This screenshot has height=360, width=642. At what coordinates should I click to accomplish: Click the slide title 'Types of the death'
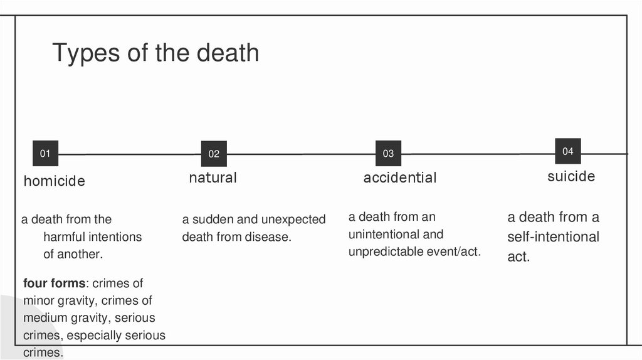pos(155,53)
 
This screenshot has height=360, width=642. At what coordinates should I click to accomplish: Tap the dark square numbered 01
pos(45,153)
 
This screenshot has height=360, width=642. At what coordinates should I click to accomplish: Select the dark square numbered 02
pos(214,154)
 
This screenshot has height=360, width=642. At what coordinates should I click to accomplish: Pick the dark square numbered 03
pos(388,154)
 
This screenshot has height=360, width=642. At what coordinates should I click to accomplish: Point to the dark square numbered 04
pos(567,151)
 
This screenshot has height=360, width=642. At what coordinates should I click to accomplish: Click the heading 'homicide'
pos(55,181)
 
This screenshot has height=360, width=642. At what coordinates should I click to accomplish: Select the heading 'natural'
pos(213,177)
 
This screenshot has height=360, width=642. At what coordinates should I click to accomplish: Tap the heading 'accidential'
pos(400,177)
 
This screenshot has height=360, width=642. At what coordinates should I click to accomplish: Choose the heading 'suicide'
pos(571,176)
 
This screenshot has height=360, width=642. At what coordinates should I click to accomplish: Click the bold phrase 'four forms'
pos(53,283)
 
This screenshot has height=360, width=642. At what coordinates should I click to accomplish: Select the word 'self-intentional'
pos(553,237)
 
